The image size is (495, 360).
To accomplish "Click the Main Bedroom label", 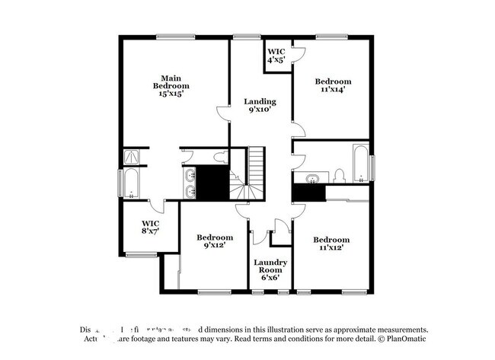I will coord(170,85).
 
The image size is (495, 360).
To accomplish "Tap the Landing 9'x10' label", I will coord(260,105).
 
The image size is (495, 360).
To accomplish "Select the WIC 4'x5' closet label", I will coord(276,56).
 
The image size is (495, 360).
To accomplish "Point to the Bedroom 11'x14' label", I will coord(334,85).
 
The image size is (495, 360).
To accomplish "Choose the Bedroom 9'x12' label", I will coord(214,242).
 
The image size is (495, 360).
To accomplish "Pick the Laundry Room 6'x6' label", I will coord(270,270).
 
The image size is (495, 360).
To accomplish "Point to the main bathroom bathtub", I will coord(133,183).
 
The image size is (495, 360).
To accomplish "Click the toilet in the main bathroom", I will coord(220,158).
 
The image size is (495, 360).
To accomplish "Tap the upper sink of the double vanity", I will coord(190,174).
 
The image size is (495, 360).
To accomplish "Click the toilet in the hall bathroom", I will coord(339,177).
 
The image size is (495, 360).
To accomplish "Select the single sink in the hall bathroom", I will coord(311,179).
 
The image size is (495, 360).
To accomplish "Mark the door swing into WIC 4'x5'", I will coord(298,54).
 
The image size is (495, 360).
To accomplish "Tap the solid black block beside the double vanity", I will coord(212,182).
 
